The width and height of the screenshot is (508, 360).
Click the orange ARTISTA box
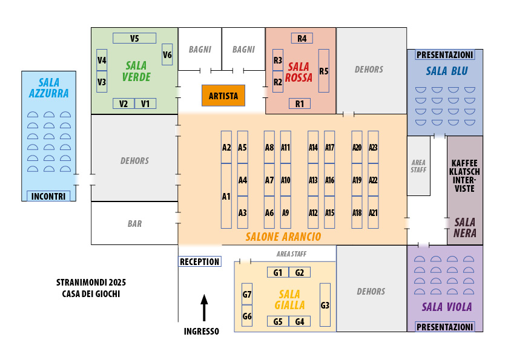tap(223, 96)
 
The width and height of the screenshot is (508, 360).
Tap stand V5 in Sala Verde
tap(134, 38)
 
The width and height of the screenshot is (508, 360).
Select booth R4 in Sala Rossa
tap(302, 38)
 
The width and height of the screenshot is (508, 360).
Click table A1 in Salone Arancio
tap(226, 196)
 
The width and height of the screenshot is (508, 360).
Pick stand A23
tap(373, 147)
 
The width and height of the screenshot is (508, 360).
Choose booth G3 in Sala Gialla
tap(325, 305)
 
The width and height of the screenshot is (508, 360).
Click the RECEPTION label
tap(199, 262)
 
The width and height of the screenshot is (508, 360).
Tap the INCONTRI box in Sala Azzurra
tap(49, 196)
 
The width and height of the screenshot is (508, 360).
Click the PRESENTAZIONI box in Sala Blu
tap(445, 55)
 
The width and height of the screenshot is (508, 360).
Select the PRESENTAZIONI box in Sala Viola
tap(445, 327)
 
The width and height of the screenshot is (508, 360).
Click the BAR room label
tap(134, 224)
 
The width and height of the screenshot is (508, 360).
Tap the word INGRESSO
tap(202, 331)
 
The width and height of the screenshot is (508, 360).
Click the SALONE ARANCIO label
tap(283, 237)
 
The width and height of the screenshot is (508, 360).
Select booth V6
tap(167, 54)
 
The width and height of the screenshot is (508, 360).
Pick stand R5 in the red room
tap(323, 71)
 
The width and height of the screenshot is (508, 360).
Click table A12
tap(313, 212)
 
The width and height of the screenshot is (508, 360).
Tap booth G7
tap(247, 294)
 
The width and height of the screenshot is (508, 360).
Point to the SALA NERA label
tap(465, 227)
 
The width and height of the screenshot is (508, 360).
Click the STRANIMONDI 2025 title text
tap(91, 283)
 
